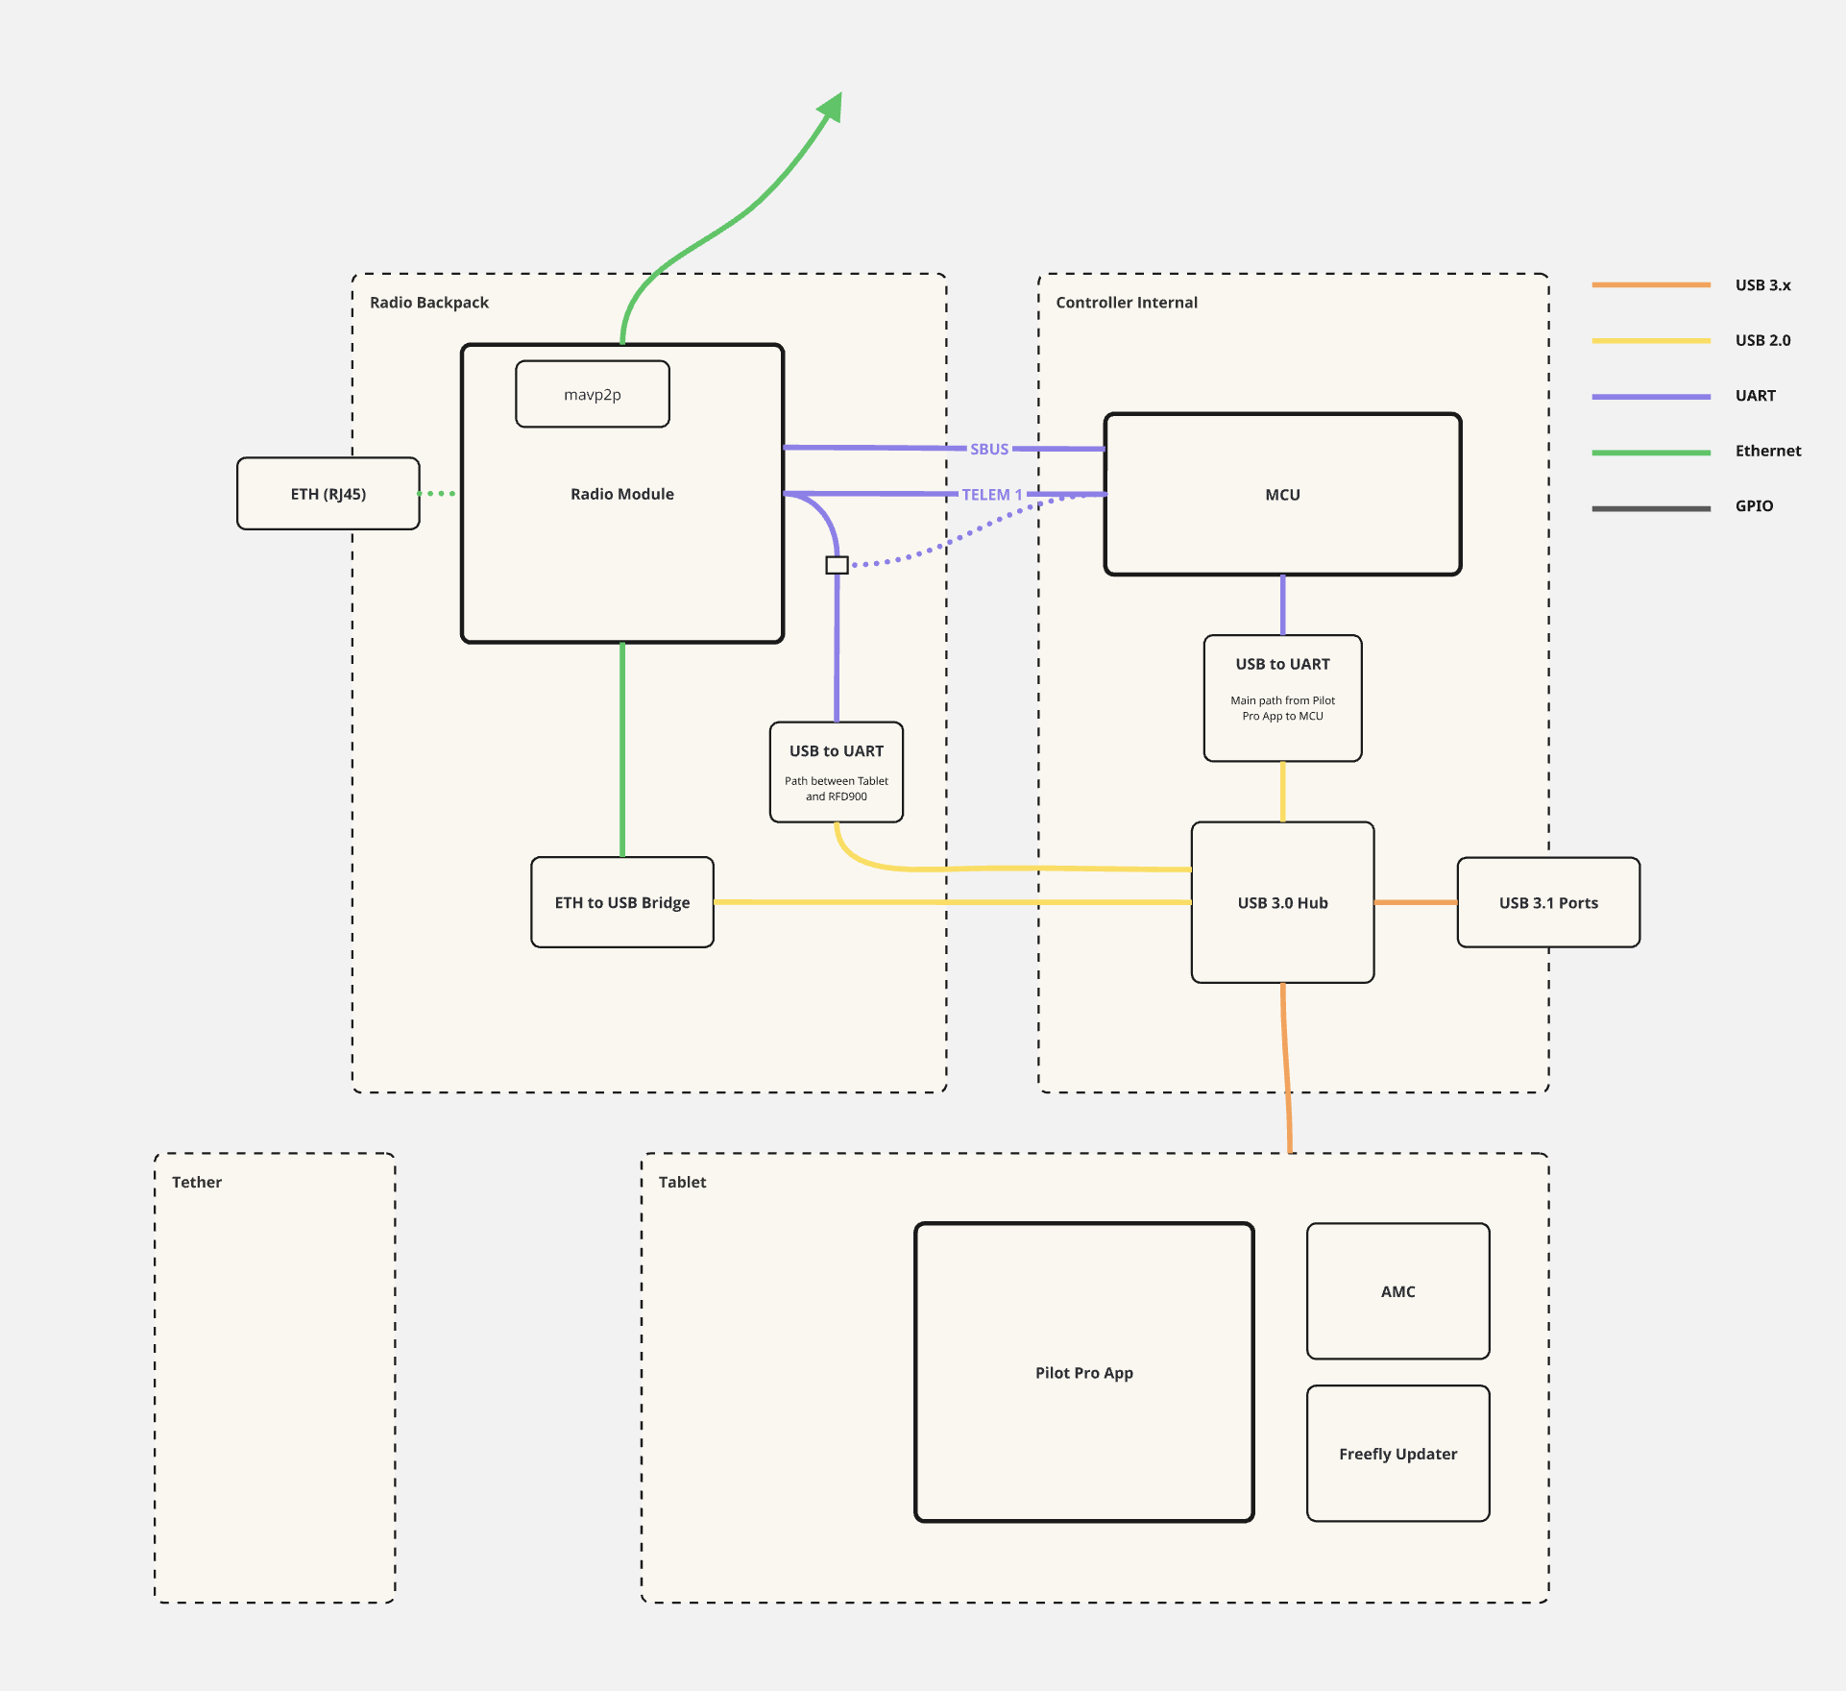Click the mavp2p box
pos(592,394)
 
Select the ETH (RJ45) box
pos(328,494)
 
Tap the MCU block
pos(1282,495)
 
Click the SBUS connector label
pos(988,449)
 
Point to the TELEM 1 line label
pos(991,495)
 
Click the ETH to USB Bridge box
pos(621,902)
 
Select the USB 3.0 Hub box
pos(1282,902)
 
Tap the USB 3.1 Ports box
pos(1547,902)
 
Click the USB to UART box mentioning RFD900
pos(836,772)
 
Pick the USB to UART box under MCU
pos(1282,698)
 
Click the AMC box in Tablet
pos(1397,1291)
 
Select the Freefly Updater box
pos(1397,1454)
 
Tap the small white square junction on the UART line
pos(837,565)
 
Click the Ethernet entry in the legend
pos(1767,451)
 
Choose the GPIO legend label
pos(1754,506)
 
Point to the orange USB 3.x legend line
pos(1650,285)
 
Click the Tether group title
pos(196,1182)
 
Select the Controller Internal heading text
pos(1126,303)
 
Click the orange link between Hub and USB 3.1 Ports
pos(1415,902)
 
